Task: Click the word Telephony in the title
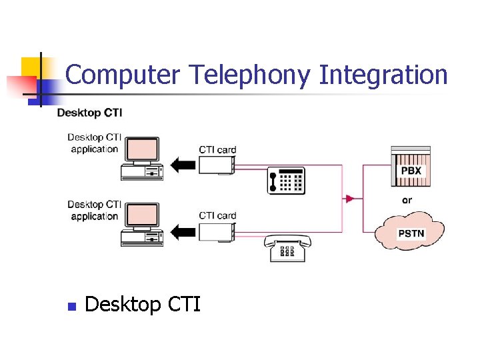tap(249, 75)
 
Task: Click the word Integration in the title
tap(383, 75)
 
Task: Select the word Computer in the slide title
tap(123, 75)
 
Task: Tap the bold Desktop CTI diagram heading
tap(89, 113)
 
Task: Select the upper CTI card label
tap(217, 149)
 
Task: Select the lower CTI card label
tap(217, 215)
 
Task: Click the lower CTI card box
tap(217, 231)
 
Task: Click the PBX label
tap(411, 171)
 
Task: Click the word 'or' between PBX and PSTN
tap(407, 200)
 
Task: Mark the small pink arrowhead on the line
tap(349, 199)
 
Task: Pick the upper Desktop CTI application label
tap(94, 143)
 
